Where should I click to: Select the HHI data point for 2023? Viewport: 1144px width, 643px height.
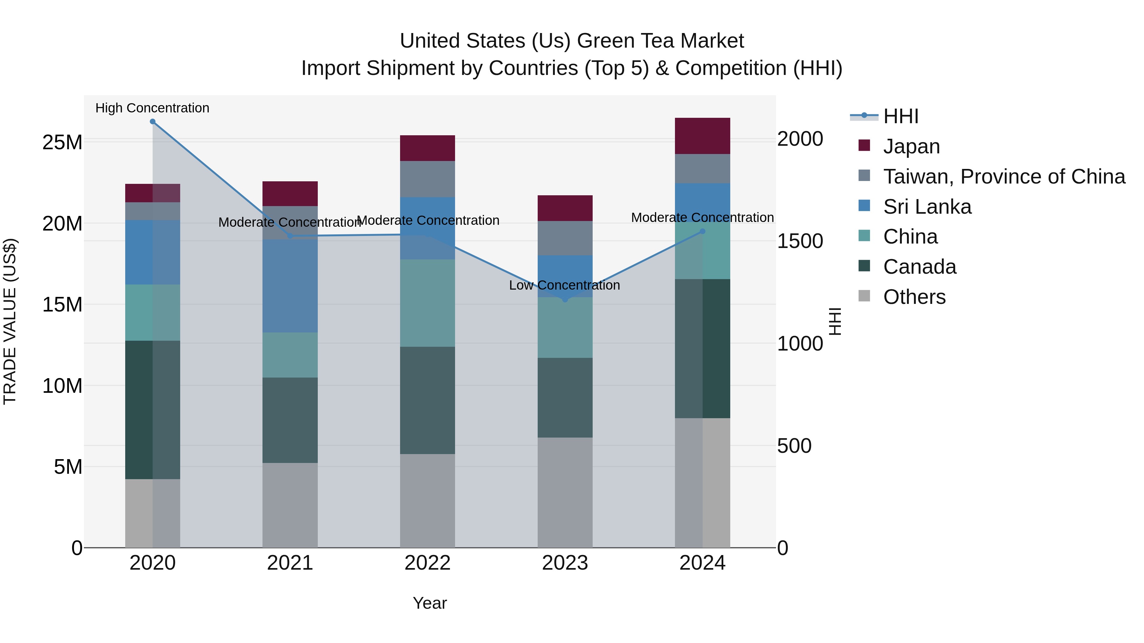pyautogui.click(x=565, y=300)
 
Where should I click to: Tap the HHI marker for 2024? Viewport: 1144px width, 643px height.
pyautogui.click(x=703, y=231)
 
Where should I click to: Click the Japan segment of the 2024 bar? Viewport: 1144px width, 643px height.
pyautogui.click(x=703, y=136)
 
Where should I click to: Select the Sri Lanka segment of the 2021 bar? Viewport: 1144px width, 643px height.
pyautogui.click(x=290, y=286)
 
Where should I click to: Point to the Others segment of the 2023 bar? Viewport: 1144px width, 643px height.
pyautogui.click(x=565, y=492)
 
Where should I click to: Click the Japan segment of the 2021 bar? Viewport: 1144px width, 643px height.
pyautogui.click(x=290, y=193)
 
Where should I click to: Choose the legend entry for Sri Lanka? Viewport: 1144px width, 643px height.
pyautogui.click(x=927, y=207)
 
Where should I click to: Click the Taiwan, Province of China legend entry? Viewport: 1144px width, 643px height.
pyautogui.click(x=1004, y=177)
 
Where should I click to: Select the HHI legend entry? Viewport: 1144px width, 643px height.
pyautogui.click(x=900, y=116)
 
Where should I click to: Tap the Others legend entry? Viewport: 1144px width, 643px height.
pyautogui.click(x=914, y=297)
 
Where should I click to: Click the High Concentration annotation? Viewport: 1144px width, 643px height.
pyautogui.click(x=152, y=108)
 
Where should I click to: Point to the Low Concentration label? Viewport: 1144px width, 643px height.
pyautogui.click(x=564, y=285)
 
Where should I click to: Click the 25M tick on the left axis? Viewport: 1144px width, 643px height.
pyautogui.click(x=62, y=143)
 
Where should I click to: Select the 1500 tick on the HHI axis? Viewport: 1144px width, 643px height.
pyautogui.click(x=800, y=241)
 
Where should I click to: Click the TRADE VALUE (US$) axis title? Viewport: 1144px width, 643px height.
pyautogui.click(x=10, y=321)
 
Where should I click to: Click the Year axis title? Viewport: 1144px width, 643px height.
pyautogui.click(x=429, y=603)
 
